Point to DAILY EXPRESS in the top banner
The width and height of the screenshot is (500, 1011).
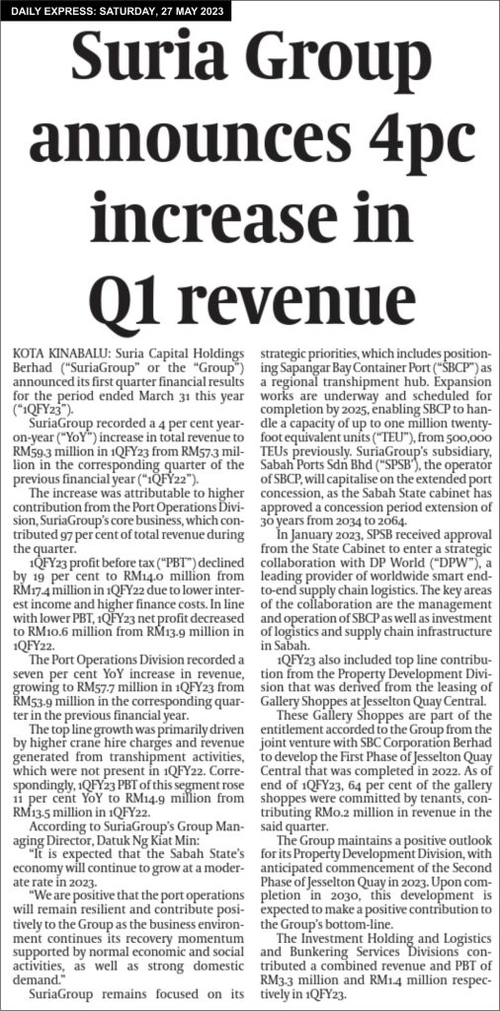coord(55,12)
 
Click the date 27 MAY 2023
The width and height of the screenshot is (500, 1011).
coord(186,12)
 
